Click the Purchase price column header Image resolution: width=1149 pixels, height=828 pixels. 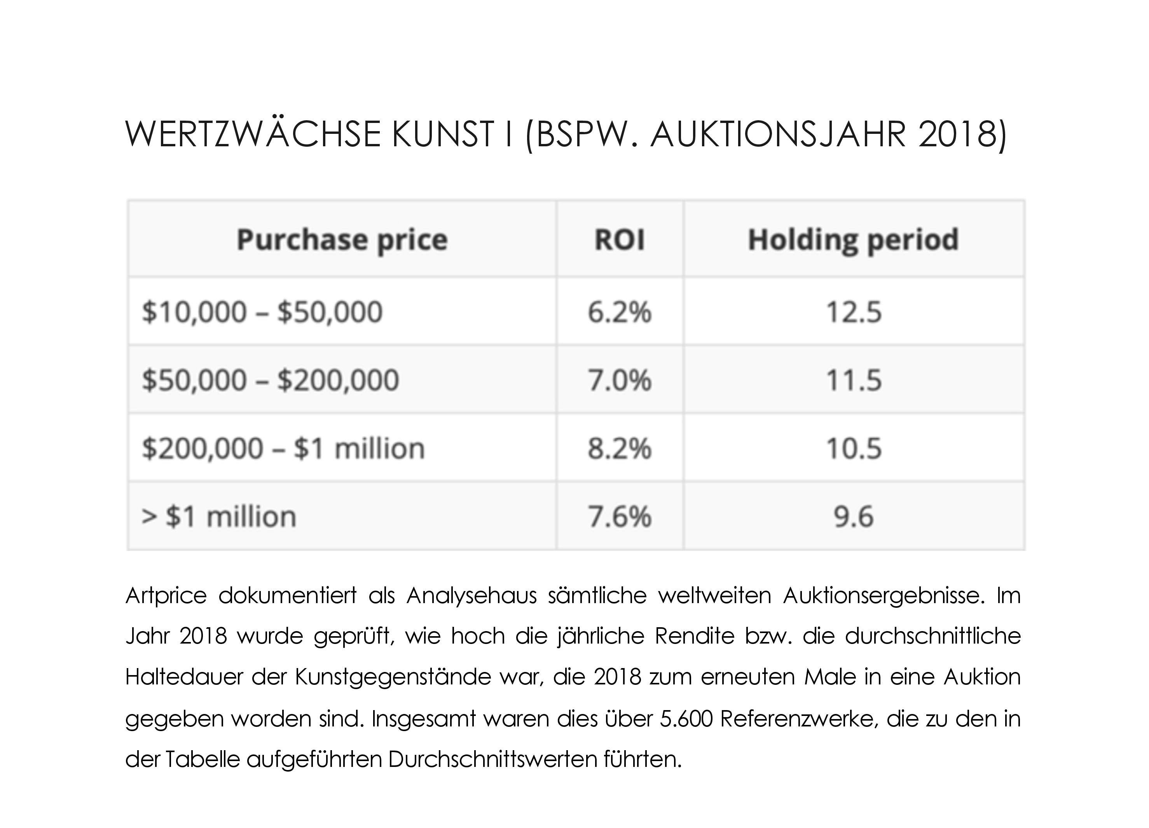pyautogui.click(x=342, y=240)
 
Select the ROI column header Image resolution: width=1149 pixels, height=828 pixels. pyautogui.click(x=620, y=240)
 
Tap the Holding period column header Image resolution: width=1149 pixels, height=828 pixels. pyautogui.click(x=854, y=240)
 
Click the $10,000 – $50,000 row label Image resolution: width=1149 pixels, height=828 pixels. pyautogui.click(x=262, y=312)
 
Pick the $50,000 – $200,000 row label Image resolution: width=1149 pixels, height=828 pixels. pyautogui.click(x=271, y=380)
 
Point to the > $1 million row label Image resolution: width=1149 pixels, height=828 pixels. pyautogui.click(x=219, y=517)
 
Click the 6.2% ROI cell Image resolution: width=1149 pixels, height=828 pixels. pyautogui.click(x=620, y=312)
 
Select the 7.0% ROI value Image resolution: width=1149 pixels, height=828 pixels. pyautogui.click(x=620, y=380)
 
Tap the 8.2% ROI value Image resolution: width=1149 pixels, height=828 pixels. pyautogui.click(x=620, y=449)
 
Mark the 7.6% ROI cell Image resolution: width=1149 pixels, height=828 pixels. pyautogui.click(x=620, y=517)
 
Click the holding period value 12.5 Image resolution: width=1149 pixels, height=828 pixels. pyautogui.click(x=854, y=312)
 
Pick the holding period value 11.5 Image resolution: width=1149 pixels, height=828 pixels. pyautogui.click(x=854, y=380)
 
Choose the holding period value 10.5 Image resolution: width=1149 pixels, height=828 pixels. pyautogui.click(x=854, y=449)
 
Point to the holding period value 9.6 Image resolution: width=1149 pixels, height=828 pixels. pyautogui.click(x=854, y=517)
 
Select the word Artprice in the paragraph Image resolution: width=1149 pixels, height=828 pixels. pyautogui.click(x=166, y=596)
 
